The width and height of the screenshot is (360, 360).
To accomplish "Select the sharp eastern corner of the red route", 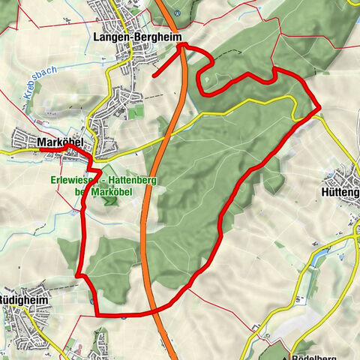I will (x=320, y=109).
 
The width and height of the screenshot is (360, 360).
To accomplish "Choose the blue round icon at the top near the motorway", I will (x=178, y=13).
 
